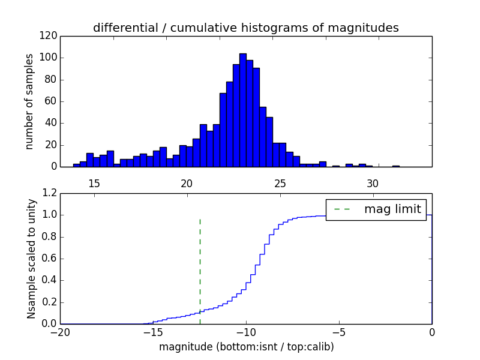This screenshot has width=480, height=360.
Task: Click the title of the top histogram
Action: (245, 28)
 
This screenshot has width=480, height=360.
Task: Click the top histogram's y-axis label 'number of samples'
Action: (29, 101)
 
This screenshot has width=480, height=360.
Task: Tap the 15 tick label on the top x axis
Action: (94, 183)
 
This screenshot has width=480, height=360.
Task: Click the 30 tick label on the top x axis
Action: (373, 183)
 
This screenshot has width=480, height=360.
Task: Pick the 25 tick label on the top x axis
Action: (280, 183)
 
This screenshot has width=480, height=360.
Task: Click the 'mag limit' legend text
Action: (392, 209)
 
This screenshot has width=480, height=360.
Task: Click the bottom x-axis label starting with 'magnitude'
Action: (246, 347)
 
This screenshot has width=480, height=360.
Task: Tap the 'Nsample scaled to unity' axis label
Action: (31, 259)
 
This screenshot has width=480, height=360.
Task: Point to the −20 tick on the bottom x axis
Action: (60, 332)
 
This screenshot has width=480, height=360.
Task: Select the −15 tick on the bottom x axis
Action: (153, 332)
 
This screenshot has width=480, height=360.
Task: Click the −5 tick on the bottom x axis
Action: (339, 332)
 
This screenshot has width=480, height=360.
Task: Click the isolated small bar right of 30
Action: (396, 166)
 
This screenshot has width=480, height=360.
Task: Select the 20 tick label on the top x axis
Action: (187, 183)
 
